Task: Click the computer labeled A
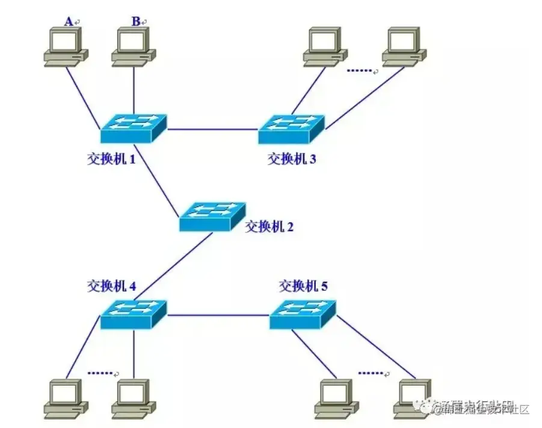point(66,46)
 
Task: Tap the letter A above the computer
point(69,22)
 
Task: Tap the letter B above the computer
point(136,22)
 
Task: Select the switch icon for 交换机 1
point(134,128)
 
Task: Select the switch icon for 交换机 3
point(291,128)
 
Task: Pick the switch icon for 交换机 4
point(134,314)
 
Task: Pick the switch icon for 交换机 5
point(303,314)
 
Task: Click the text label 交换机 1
point(111,160)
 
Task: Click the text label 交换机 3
point(292,160)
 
